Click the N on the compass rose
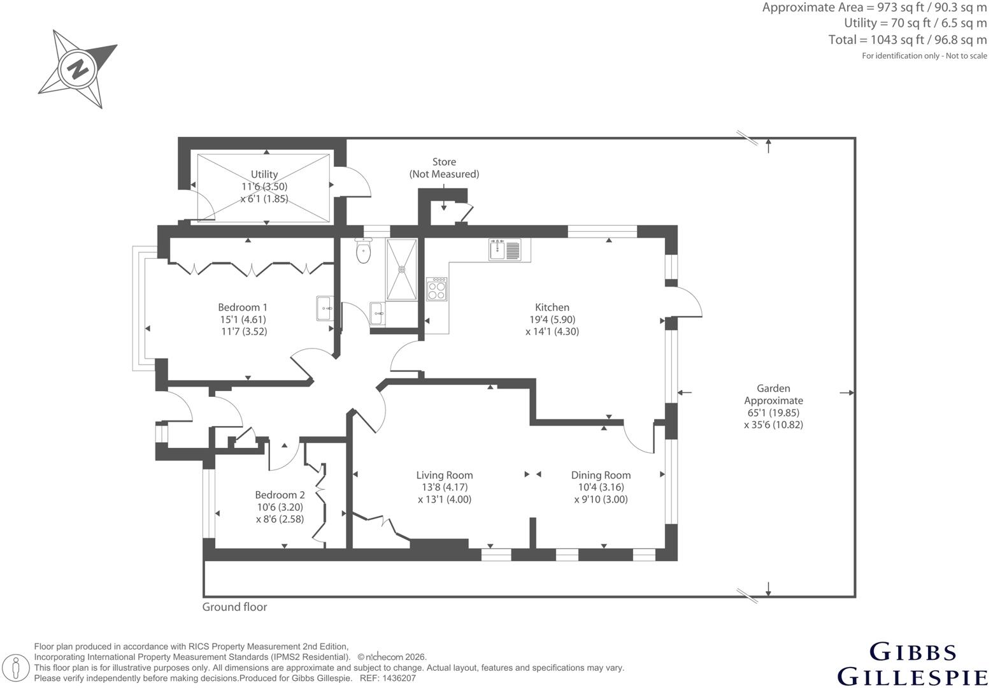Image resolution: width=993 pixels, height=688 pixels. pos(78,69)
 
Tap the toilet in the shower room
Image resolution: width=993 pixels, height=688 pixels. pos(364,250)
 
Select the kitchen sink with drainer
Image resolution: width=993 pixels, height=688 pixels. pos(505,250)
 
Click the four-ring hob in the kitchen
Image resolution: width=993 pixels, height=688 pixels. pos(437,289)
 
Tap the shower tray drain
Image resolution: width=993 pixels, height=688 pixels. pos(402,269)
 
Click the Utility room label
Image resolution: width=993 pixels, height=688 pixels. pos(264,174)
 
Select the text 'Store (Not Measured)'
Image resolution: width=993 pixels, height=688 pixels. pos(444,168)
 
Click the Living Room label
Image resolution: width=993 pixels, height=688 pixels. pos(445,475)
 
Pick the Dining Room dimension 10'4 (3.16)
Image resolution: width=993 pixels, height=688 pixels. pos(601,487)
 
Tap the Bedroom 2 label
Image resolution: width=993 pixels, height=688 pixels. pos(280,495)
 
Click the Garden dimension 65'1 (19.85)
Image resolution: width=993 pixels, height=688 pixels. pos(773,413)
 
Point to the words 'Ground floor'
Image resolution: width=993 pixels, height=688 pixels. pos(234,607)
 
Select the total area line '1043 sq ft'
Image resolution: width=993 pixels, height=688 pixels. pos(896,40)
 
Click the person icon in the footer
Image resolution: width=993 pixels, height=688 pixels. pos(17,668)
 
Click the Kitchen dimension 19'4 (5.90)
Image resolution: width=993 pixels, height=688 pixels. pos(552,320)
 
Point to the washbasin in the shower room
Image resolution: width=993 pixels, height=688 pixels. pos(377,313)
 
